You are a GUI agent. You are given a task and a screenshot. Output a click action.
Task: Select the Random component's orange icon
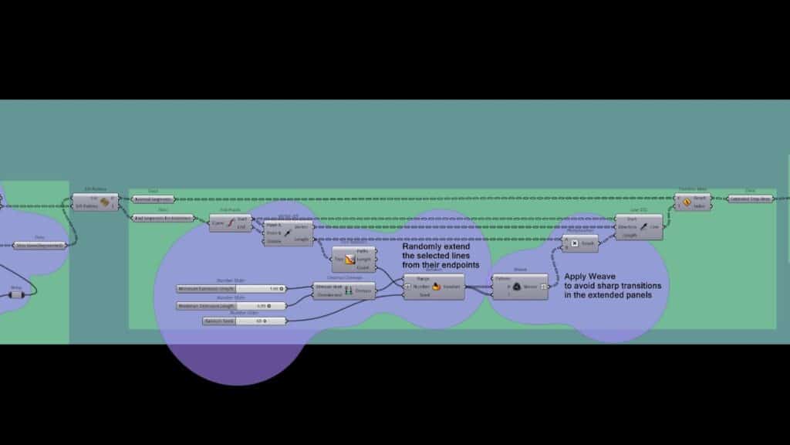[x=436, y=287]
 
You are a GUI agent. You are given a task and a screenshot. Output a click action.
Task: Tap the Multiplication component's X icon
[x=574, y=243]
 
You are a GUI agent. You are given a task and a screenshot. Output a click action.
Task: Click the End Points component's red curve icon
[x=229, y=223]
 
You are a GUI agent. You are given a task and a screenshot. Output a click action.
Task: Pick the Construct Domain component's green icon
[x=347, y=290]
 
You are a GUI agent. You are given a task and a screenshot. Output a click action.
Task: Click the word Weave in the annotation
[x=604, y=276]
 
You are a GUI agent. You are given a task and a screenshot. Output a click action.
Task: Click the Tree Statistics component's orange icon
[x=349, y=260]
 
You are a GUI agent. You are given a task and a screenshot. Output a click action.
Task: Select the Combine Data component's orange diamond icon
[x=686, y=202]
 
